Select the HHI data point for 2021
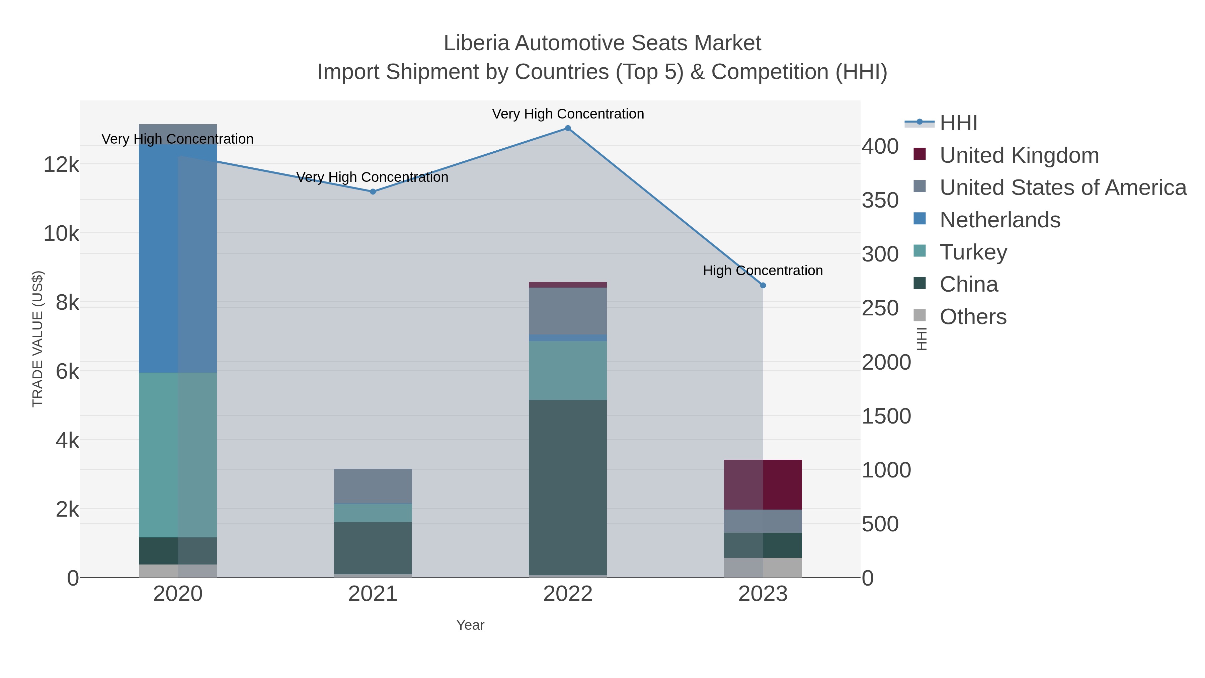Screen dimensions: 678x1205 click(x=373, y=192)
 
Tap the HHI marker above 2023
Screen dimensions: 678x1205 click(x=762, y=285)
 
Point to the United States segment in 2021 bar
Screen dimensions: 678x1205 click(x=373, y=486)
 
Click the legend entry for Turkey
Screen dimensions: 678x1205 click(x=973, y=252)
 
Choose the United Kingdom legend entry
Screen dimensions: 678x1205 click(x=1019, y=155)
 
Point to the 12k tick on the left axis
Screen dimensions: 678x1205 click(x=61, y=165)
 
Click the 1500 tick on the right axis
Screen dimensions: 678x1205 click(x=886, y=416)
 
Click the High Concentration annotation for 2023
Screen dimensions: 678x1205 click(x=762, y=271)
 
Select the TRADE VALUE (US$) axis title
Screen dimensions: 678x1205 click(x=37, y=339)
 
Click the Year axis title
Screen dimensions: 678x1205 click(x=470, y=625)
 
